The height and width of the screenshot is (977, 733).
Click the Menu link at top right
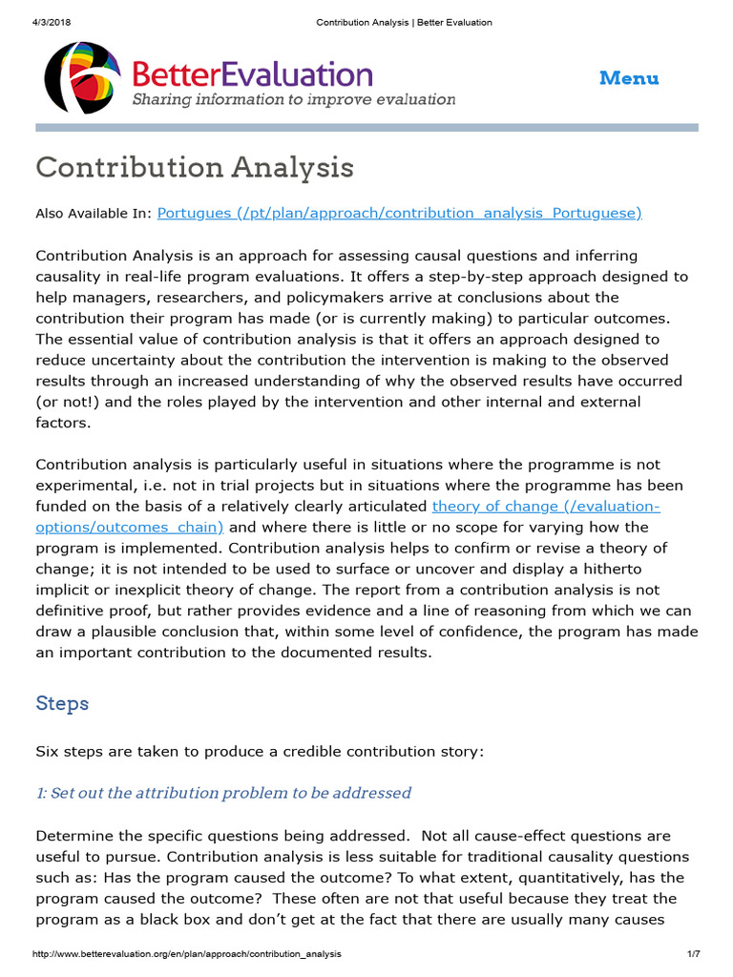629,78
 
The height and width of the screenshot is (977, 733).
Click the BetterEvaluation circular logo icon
82,77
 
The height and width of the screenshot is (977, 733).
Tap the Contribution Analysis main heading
195,168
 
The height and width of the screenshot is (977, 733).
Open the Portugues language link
399,213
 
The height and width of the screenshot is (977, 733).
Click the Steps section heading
62,703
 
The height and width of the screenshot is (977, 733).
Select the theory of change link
546,506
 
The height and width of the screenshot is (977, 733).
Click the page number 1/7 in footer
693,954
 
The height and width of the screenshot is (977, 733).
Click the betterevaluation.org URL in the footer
186,954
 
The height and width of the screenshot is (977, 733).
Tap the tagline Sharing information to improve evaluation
293,99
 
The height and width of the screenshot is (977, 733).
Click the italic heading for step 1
223,793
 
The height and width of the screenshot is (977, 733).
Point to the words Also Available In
93,213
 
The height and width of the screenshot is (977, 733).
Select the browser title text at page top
404,22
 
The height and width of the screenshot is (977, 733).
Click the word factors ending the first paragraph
63,423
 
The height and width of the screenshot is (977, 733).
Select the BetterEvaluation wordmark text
252,74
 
